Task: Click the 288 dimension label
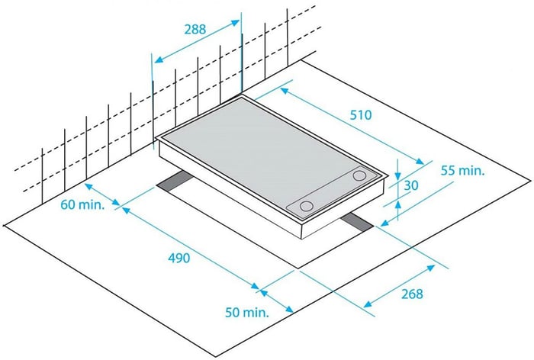195,29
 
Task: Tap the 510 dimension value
361,115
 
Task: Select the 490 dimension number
179,258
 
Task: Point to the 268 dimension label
412,294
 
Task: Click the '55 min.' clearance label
462,170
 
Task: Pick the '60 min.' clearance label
82,204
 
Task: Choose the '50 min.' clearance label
247,312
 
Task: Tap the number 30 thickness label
411,185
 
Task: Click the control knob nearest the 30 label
359,175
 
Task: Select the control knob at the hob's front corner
307,206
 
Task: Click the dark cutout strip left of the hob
175,181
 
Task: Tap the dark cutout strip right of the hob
357,222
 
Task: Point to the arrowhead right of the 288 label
235,22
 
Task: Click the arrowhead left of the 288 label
159,59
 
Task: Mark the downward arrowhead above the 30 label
397,175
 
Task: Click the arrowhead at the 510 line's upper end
285,91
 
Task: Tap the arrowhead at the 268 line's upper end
431,268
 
